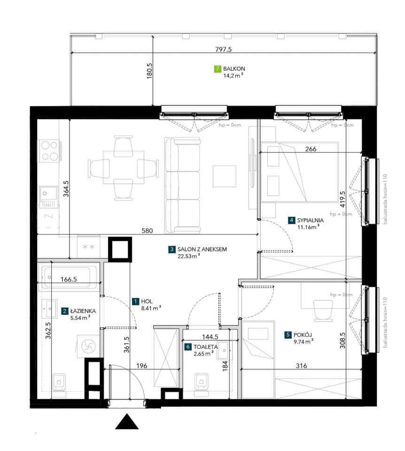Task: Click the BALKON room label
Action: coord(234,69)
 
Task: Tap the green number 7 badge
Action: coord(218,69)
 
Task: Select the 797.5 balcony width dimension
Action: coord(224,49)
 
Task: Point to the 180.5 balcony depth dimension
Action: coord(149,71)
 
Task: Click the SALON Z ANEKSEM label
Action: coord(202,249)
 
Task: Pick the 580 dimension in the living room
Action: coord(147,231)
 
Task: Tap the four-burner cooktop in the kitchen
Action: coord(49,151)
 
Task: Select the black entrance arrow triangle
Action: coord(127,422)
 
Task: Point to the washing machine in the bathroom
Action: coord(88,346)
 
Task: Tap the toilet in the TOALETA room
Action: coord(202,382)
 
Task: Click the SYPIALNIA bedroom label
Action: coord(311,220)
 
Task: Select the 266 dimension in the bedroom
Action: coord(311,149)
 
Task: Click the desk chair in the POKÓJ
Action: coord(323,311)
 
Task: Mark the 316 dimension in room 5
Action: coord(301,366)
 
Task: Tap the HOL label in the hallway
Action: coord(147,302)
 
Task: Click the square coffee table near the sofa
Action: coord(225,176)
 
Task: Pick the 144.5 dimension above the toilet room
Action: coord(210,337)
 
